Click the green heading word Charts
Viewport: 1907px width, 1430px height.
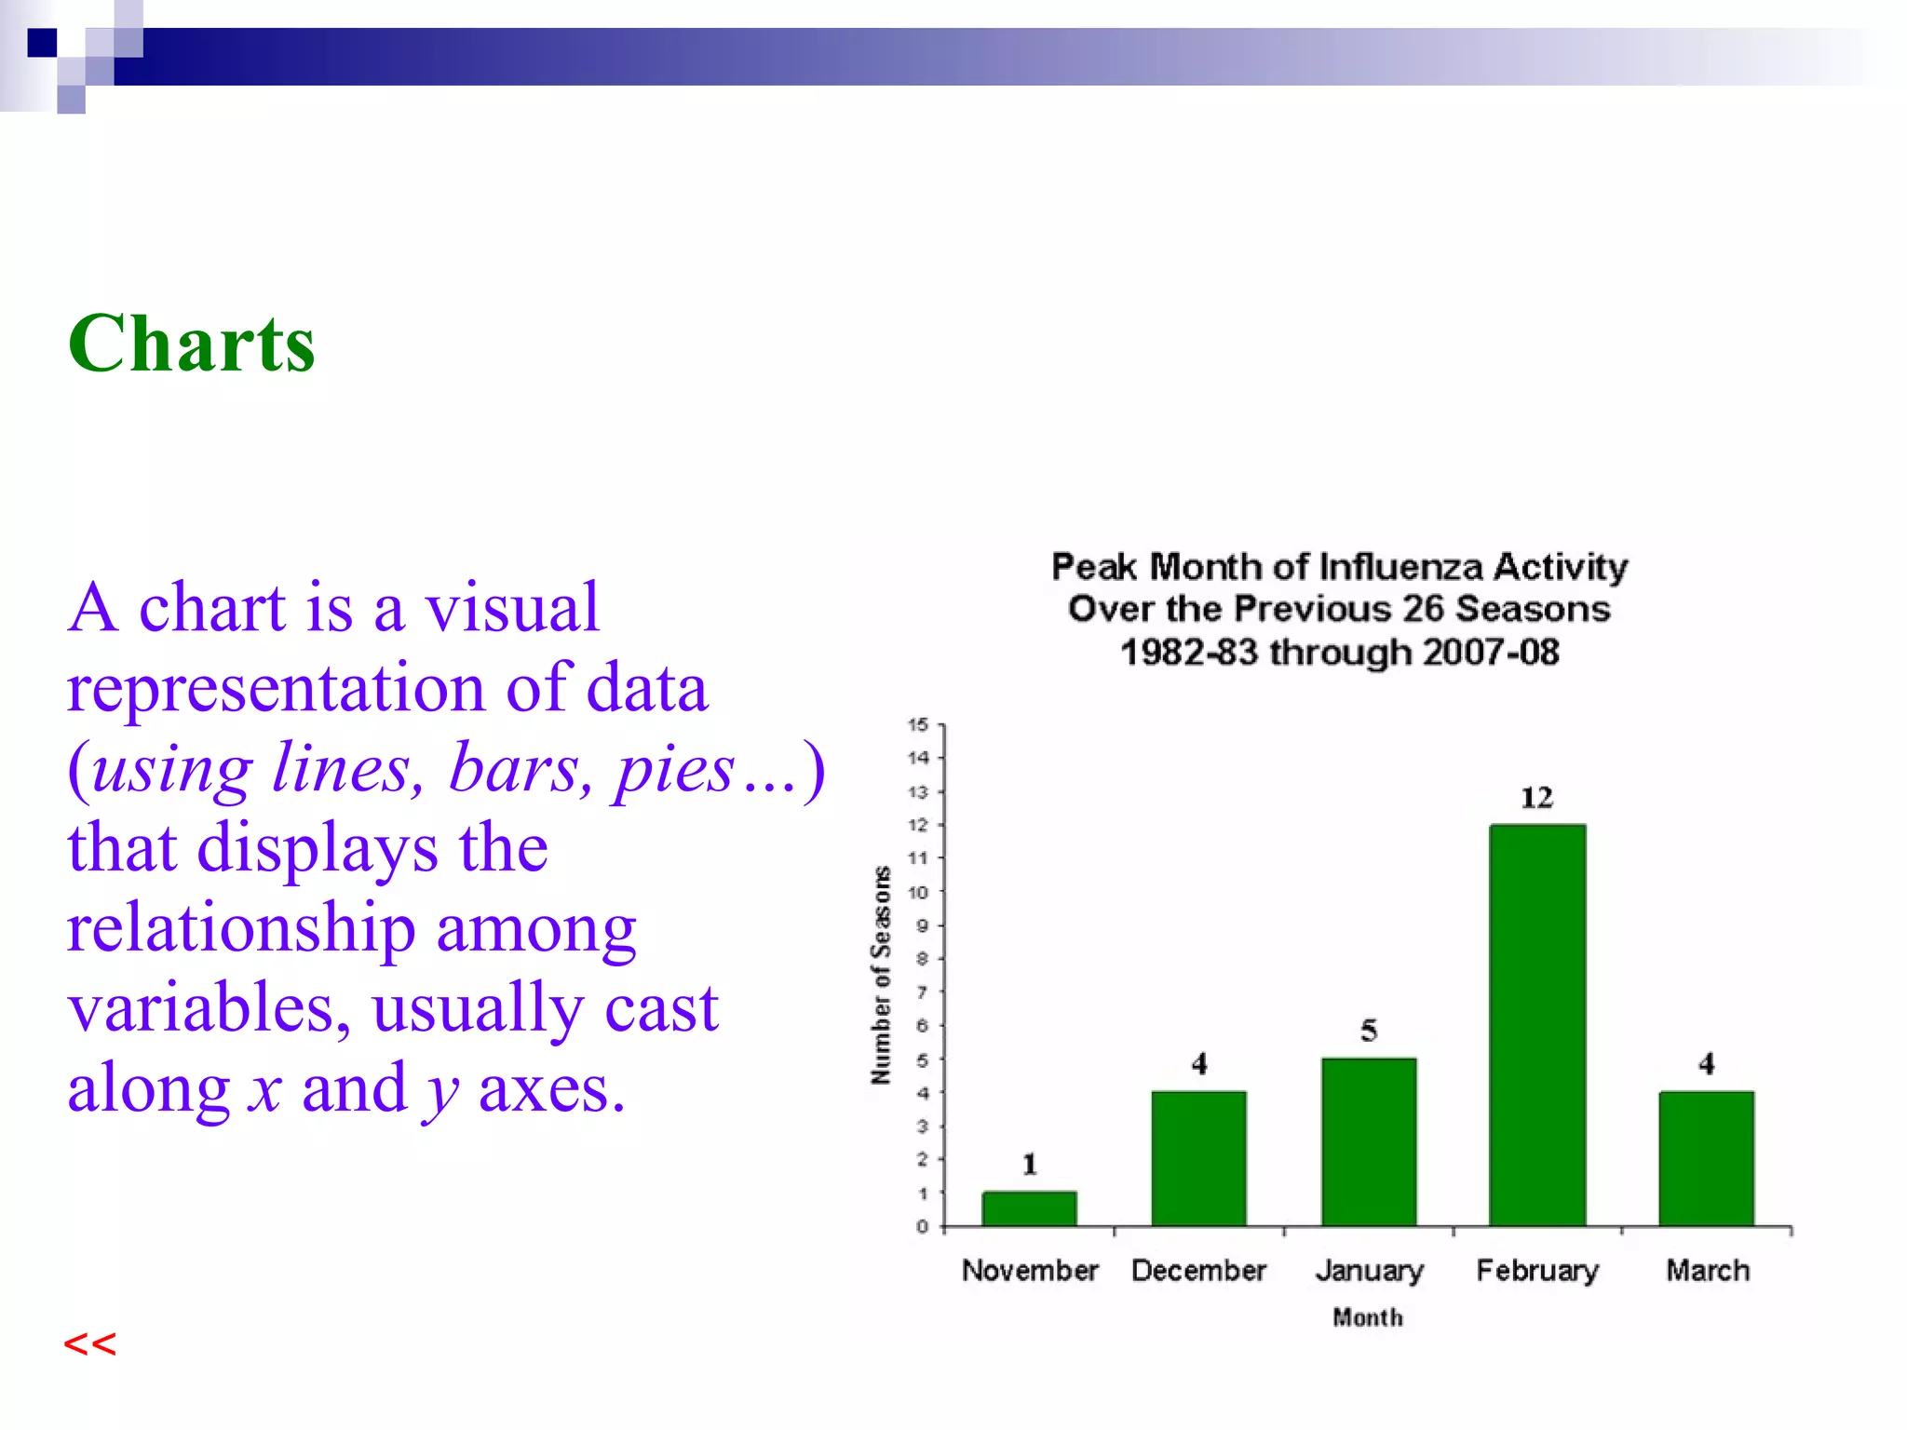click(x=192, y=344)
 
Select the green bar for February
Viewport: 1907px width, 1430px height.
click(x=1537, y=1024)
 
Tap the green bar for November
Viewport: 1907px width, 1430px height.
click(x=1029, y=1208)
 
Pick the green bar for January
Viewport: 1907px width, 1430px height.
click(x=1368, y=1141)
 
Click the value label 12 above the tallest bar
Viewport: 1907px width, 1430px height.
click(x=1536, y=798)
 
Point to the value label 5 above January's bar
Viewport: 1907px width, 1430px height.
click(x=1368, y=1031)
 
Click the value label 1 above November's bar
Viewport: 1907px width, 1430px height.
click(x=1029, y=1164)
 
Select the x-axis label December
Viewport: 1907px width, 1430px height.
click(x=1198, y=1271)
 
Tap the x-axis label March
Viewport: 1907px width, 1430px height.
click(x=1707, y=1271)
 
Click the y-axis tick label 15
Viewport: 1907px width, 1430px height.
click(x=918, y=724)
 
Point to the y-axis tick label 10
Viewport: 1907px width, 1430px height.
click(x=918, y=892)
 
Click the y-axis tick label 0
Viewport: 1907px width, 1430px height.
click(x=922, y=1226)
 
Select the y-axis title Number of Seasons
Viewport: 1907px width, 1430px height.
click(x=881, y=975)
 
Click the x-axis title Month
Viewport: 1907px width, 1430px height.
click(x=1367, y=1317)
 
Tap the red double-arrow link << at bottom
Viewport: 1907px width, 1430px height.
click(x=90, y=1344)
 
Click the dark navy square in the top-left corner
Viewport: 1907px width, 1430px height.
click(x=42, y=43)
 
